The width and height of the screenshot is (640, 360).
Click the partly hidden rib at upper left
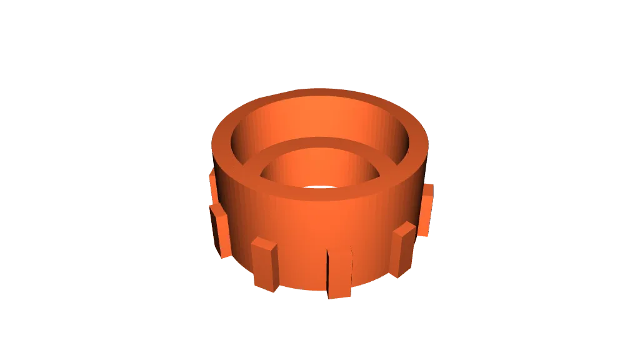[x=211, y=185]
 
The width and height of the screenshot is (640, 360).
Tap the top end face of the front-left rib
[x=264, y=242]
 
